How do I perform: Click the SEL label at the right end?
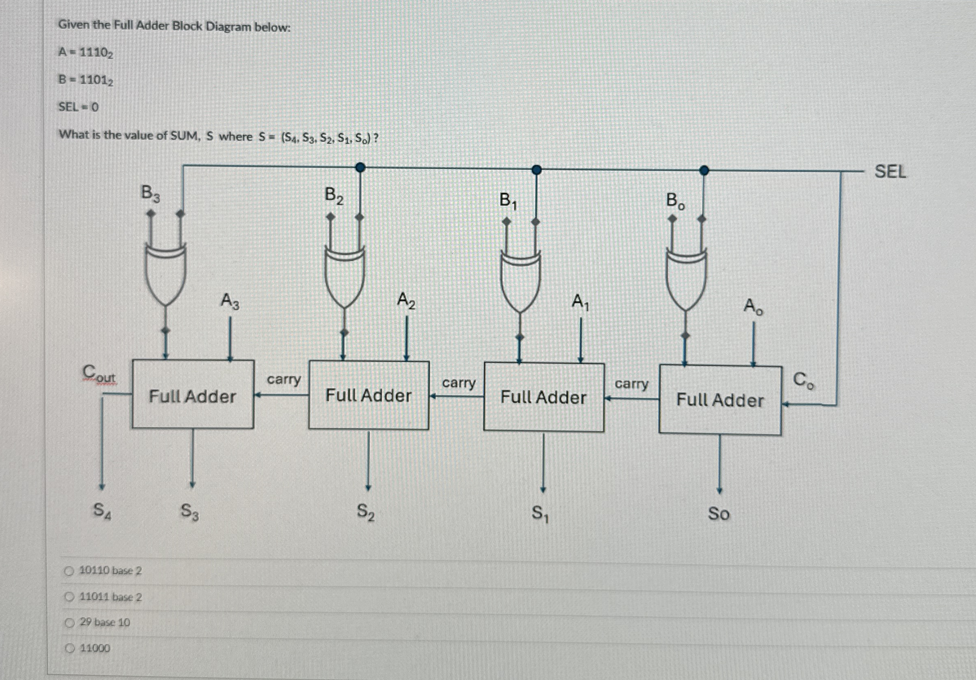coord(890,172)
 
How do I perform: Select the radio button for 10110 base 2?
coord(69,571)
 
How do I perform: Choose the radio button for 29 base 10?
coord(69,623)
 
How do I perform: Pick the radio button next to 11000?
coord(69,649)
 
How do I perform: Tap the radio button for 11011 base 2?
coord(69,597)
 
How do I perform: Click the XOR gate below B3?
coord(165,272)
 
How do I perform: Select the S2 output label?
coord(365,512)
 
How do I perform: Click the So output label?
coord(719,514)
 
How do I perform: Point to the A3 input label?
coord(230,301)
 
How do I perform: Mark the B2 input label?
coord(334,196)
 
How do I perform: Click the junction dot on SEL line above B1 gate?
coord(537,169)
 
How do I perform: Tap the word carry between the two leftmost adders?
coord(284,379)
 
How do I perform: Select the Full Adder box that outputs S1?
coord(544,397)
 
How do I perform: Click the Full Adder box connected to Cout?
coord(193,395)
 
